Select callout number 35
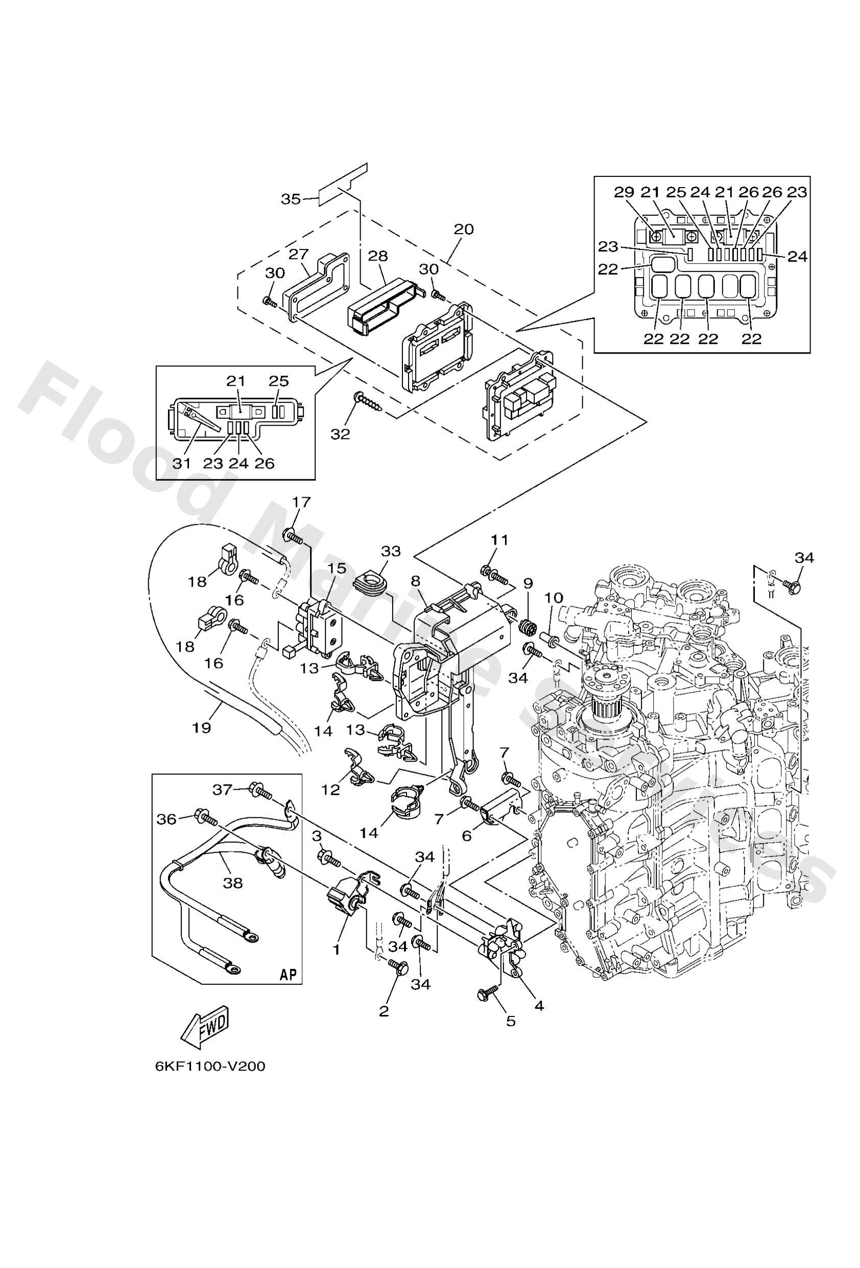[x=291, y=199]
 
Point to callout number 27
[x=299, y=253]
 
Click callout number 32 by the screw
[x=340, y=434]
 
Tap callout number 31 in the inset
[x=182, y=463]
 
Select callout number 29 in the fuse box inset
[x=625, y=192]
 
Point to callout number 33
[x=391, y=551]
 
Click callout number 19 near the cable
[x=202, y=727]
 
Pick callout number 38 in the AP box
[x=233, y=883]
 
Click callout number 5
[x=511, y=1021]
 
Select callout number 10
[x=554, y=597]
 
